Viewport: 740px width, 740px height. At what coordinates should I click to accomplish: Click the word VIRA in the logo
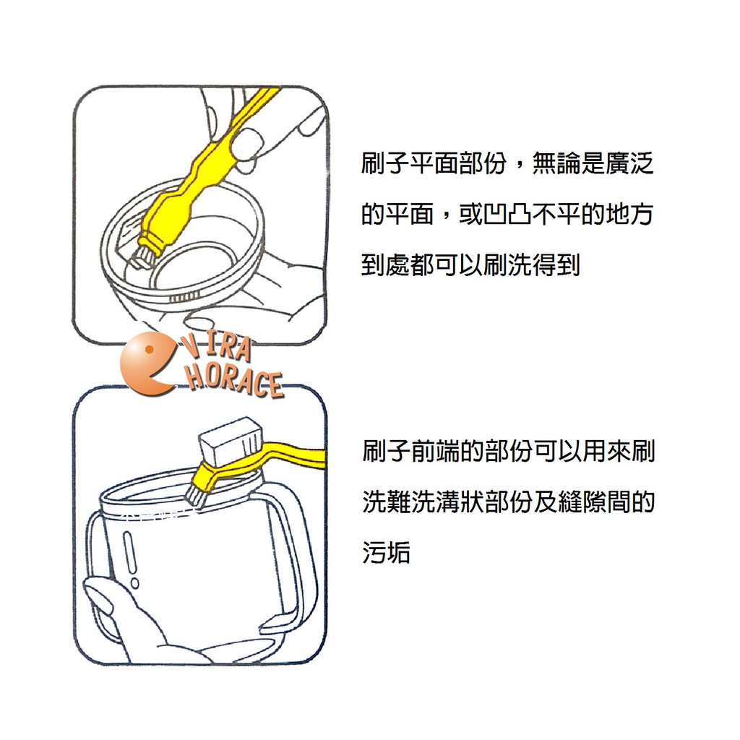tap(217, 348)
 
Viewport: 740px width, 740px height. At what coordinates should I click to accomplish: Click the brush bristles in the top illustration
tap(143, 255)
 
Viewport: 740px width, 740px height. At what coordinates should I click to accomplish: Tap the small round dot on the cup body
tap(135, 583)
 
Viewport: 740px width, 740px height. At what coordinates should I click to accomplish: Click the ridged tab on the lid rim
tap(184, 298)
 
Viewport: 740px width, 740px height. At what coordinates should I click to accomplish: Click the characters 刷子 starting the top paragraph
tap(385, 163)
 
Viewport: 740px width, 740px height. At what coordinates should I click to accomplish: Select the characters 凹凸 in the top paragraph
tap(507, 214)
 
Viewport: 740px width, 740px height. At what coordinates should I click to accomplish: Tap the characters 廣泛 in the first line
tap(629, 163)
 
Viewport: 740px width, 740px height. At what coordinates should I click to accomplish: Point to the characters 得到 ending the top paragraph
tap(556, 264)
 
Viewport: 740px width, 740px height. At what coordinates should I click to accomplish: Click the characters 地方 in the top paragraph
tap(629, 214)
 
